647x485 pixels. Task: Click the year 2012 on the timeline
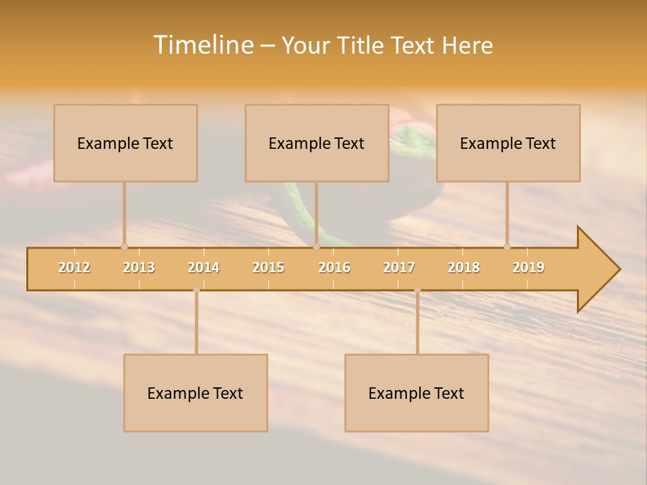click(x=74, y=267)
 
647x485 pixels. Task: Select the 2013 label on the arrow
click(x=139, y=267)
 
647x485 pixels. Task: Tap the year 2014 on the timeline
click(x=204, y=267)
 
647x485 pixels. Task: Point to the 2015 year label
click(x=268, y=267)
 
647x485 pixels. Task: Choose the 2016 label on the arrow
click(x=334, y=267)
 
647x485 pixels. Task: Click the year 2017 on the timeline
click(x=399, y=267)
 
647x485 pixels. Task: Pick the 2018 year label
click(x=464, y=267)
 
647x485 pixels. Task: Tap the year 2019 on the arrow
click(x=528, y=267)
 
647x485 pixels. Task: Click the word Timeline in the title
click(x=202, y=45)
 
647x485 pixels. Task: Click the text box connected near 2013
click(x=125, y=143)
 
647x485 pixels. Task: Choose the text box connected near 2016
click(x=317, y=143)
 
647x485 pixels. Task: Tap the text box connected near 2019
click(x=508, y=143)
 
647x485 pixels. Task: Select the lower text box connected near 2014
click(x=195, y=393)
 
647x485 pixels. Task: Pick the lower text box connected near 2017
click(x=417, y=393)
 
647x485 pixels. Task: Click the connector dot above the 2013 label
click(x=124, y=247)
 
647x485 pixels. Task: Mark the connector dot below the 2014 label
click(x=196, y=290)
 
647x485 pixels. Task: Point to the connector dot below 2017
click(x=417, y=290)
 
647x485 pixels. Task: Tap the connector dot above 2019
click(x=507, y=247)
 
